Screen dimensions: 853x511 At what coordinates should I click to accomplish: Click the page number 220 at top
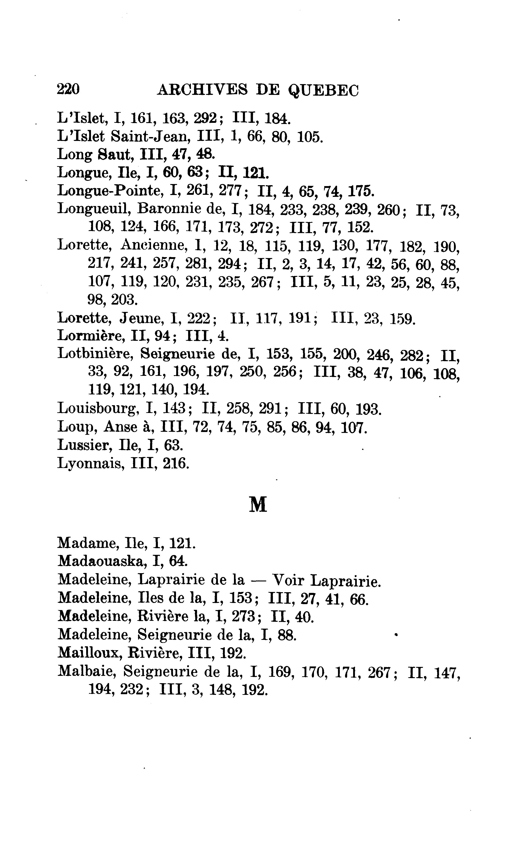[68, 90]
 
